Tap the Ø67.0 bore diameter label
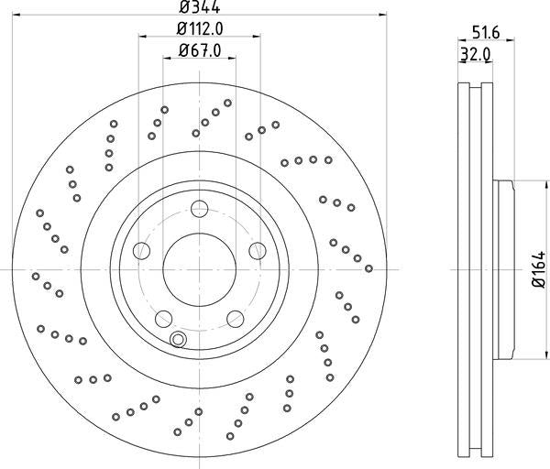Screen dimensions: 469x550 (199, 49)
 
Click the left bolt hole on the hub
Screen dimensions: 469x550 (141, 250)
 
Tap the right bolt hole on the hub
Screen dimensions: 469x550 (258, 250)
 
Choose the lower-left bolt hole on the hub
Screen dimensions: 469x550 (163, 319)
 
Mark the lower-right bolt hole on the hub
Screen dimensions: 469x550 (236, 319)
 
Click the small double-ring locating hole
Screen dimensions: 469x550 (178, 341)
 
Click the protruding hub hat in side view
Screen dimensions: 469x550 (504, 269)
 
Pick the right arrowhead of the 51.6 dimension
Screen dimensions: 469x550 (511, 39)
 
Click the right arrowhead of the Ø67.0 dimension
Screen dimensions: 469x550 (233, 59)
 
